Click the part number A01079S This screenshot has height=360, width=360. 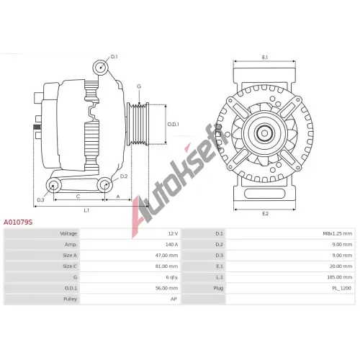tap(18, 222)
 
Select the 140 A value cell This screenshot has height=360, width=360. tap(171, 244)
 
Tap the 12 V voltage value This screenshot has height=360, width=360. tap(173, 233)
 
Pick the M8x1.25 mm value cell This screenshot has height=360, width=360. tap(338, 233)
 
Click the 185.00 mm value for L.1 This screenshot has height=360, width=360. tap(340, 277)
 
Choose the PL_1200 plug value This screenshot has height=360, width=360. tap(342, 288)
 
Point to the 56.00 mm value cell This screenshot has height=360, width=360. tap(166, 288)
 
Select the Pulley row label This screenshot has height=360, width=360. tap(70, 299)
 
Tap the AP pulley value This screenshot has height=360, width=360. tap(174, 299)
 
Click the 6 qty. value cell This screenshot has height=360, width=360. tap(172, 277)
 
